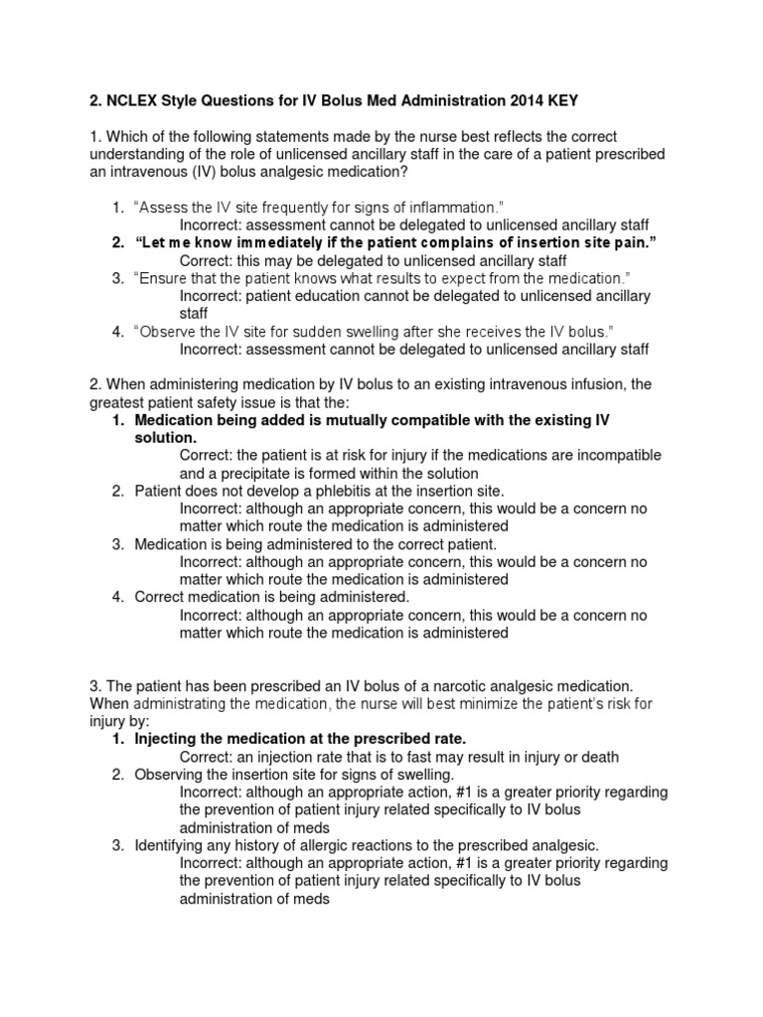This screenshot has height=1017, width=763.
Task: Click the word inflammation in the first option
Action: pyautogui.click(x=453, y=208)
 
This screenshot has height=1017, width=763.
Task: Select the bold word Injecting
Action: pyautogui.click(x=166, y=740)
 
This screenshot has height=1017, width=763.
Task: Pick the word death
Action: pyautogui.click(x=599, y=757)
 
